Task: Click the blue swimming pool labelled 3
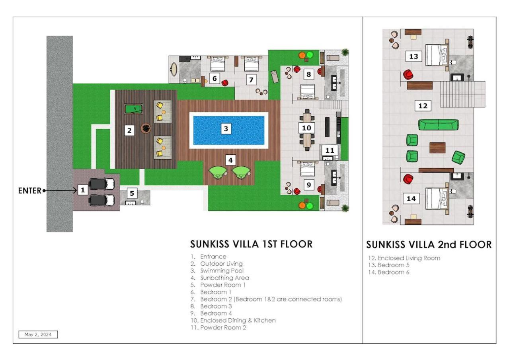click(228, 130)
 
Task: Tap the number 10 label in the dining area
click(306, 128)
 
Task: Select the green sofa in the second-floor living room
click(438, 125)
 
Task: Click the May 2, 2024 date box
click(38, 334)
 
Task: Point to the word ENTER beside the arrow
click(30, 191)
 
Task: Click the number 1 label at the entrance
click(83, 190)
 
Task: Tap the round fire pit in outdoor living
click(146, 128)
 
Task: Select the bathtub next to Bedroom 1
click(174, 69)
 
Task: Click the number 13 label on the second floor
click(413, 56)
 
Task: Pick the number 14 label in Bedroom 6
click(411, 199)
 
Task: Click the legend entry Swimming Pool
click(222, 271)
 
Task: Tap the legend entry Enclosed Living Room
click(409, 258)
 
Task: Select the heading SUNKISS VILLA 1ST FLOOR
click(252, 244)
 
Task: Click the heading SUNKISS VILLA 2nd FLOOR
click(429, 245)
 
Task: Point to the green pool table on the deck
click(134, 109)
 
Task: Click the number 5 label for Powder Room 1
click(132, 193)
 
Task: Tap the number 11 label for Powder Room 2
click(330, 150)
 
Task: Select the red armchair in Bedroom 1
click(225, 83)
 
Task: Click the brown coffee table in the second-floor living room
click(437, 148)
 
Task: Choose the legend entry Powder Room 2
click(223, 327)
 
